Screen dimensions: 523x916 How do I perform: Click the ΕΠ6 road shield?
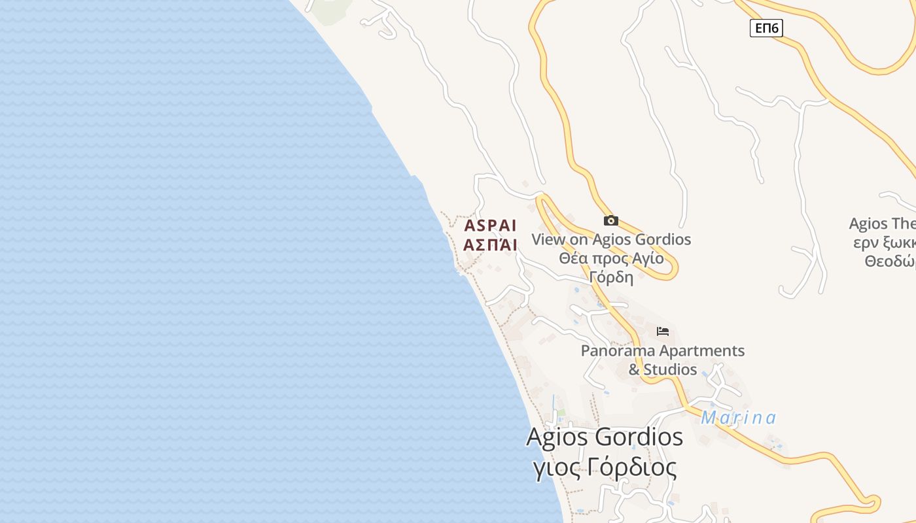pos(766,27)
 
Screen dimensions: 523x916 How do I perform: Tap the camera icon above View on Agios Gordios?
pos(611,221)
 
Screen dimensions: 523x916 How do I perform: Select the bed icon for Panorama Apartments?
pos(663,331)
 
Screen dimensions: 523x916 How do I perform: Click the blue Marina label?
pos(738,418)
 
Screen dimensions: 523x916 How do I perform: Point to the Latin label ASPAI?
pos(490,226)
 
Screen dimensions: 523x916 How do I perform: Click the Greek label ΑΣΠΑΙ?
pos(490,245)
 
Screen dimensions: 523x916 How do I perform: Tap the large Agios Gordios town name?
pos(605,437)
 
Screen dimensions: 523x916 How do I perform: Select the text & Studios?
pos(663,369)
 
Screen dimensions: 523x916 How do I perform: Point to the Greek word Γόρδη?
pos(611,277)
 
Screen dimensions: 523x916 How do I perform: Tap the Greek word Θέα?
pos(573,258)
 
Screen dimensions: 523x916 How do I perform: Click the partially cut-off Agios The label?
pos(882,224)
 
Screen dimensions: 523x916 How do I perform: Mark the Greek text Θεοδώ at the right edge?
pos(890,261)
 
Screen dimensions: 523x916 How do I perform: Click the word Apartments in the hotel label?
pos(701,351)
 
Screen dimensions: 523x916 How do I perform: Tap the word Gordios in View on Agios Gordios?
pos(661,239)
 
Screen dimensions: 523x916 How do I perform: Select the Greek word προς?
pos(610,258)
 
